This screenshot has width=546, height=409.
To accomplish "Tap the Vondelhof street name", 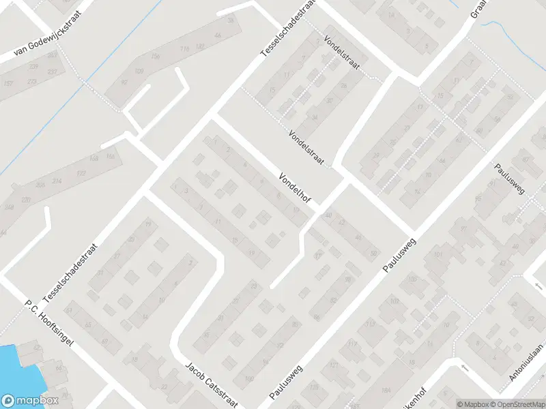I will [x=295, y=188].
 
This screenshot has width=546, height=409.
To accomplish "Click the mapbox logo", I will [x=29, y=401].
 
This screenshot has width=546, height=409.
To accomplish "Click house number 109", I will [x=140, y=70].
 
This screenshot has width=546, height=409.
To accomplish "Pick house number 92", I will [x=124, y=82].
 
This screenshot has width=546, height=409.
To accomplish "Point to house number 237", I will [x=53, y=72].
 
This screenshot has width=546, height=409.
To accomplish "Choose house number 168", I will [x=110, y=157].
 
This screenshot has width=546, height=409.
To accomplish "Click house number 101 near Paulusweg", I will [x=437, y=256].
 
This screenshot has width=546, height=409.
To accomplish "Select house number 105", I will [x=412, y=279].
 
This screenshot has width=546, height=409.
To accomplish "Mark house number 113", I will [x=370, y=324].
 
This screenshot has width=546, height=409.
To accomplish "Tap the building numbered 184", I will [x=387, y=389].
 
